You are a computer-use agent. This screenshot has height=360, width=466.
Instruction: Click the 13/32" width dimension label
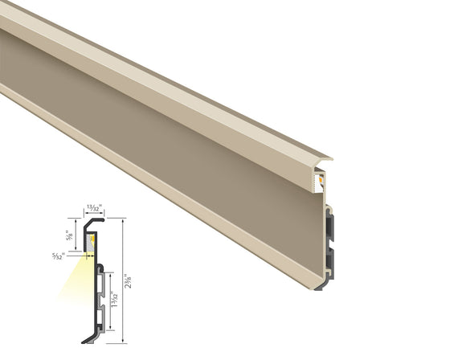[x=92, y=207]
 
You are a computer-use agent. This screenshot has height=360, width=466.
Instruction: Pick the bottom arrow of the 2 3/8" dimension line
[x=122, y=341]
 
